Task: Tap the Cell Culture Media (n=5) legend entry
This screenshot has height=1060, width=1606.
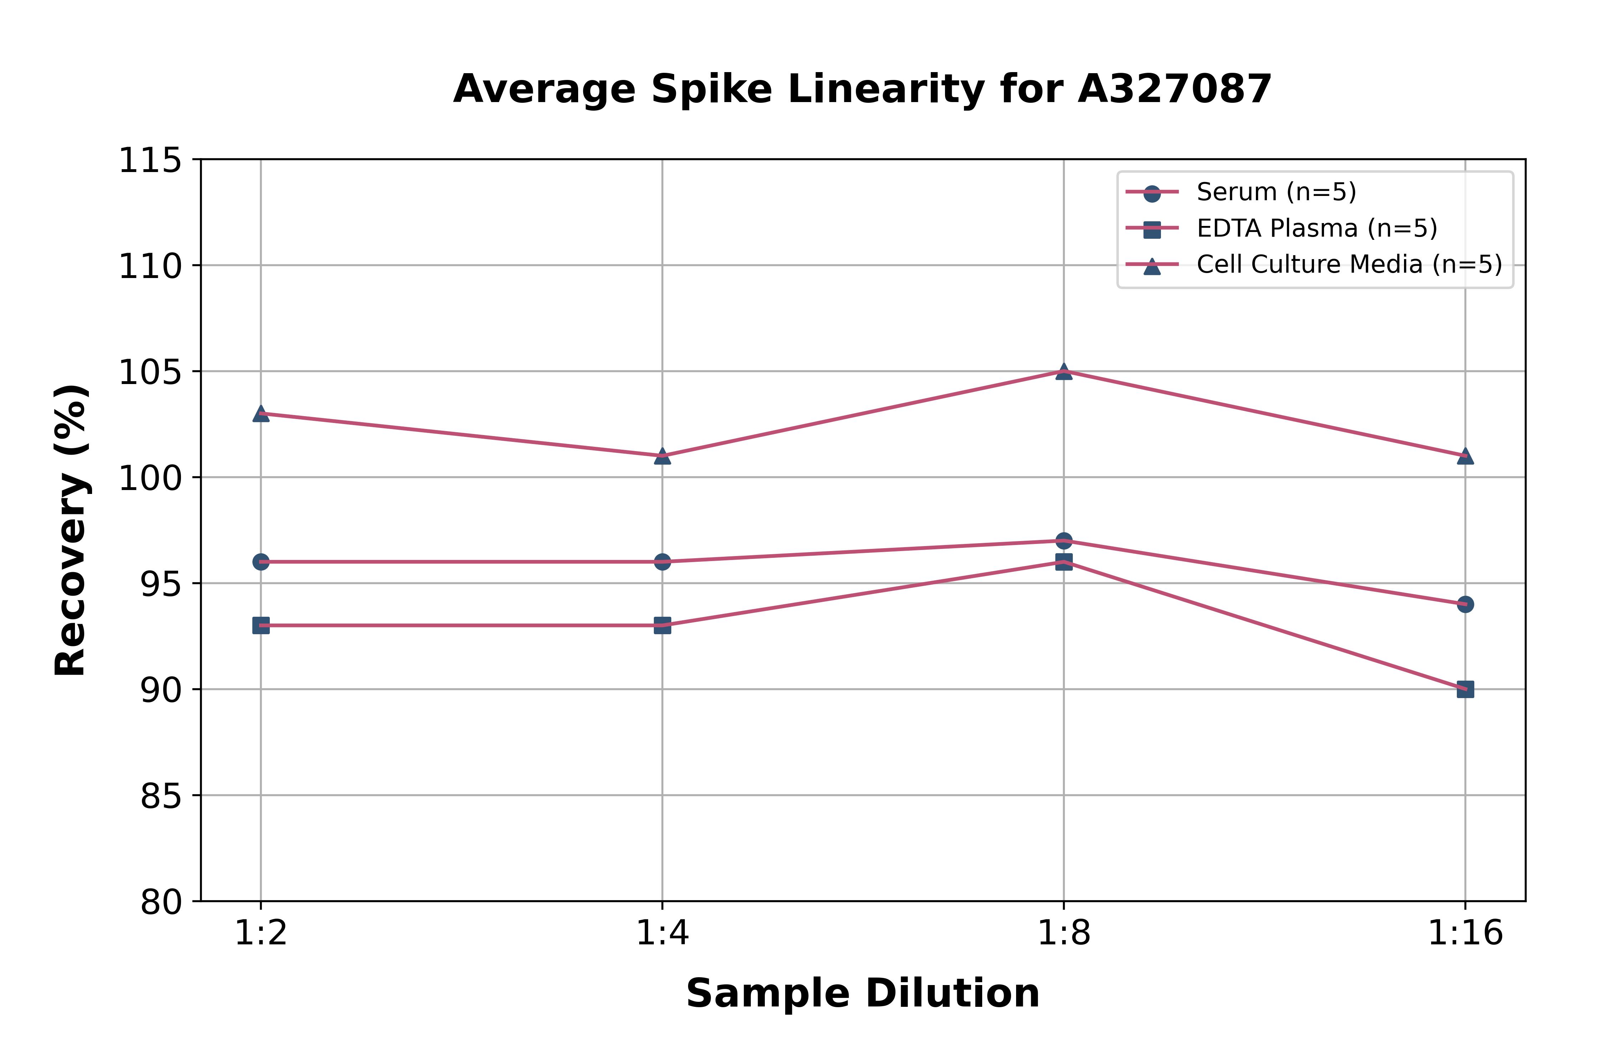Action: pyautogui.click(x=1348, y=264)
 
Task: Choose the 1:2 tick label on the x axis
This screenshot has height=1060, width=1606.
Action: pyautogui.click(x=261, y=934)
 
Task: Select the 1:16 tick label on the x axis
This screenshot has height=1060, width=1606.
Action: pyautogui.click(x=1465, y=934)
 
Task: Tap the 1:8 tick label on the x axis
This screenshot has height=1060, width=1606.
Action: pyautogui.click(x=1064, y=934)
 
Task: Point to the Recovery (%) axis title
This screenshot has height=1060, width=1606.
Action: pyautogui.click(x=71, y=531)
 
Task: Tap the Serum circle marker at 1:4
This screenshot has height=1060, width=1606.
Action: pyautogui.click(x=662, y=562)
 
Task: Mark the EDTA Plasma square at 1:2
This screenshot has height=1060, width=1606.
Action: pyautogui.click(x=261, y=625)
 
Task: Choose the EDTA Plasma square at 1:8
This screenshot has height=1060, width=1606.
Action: pyautogui.click(x=1064, y=562)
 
